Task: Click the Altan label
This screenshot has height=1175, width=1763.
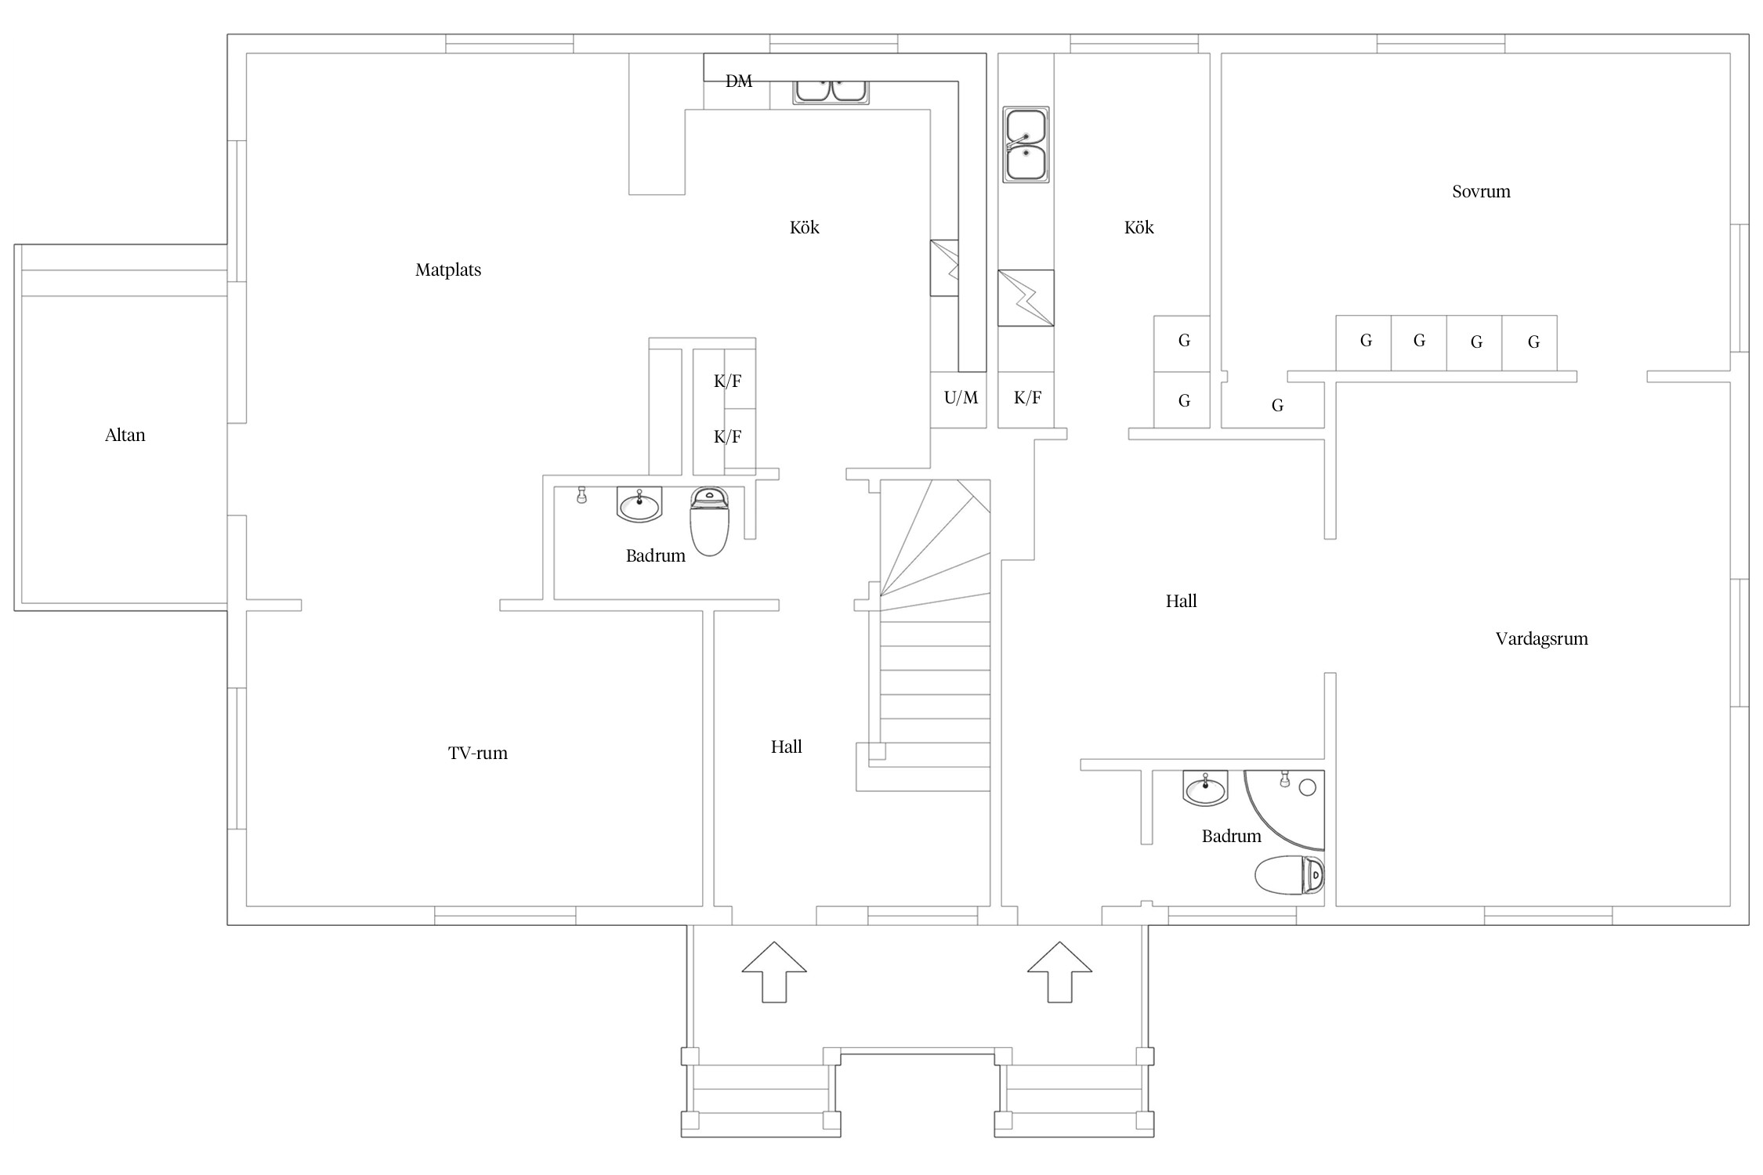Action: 125,435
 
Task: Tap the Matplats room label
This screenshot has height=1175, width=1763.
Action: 448,270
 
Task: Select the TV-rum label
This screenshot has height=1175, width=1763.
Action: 478,753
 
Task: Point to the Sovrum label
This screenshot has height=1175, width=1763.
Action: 1481,191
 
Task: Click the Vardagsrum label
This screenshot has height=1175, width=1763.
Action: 1541,639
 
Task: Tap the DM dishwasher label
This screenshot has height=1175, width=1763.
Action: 739,81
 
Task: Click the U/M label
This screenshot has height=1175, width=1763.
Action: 961,397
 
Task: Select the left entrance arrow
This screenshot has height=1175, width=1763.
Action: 774,971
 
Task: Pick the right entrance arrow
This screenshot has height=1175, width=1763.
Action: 1059,971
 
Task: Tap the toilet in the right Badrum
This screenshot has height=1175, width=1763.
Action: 1290,874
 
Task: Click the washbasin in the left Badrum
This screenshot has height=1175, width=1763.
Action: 639,504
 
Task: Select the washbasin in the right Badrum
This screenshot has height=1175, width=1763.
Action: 1205,788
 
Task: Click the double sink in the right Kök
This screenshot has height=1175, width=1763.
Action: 1026,145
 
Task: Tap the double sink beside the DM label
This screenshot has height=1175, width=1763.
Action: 831,91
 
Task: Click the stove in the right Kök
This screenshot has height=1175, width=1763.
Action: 1026,298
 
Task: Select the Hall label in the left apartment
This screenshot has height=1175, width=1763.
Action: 786,747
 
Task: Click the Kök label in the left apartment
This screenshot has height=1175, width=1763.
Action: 805,227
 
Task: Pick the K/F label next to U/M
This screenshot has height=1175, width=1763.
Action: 1027,397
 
